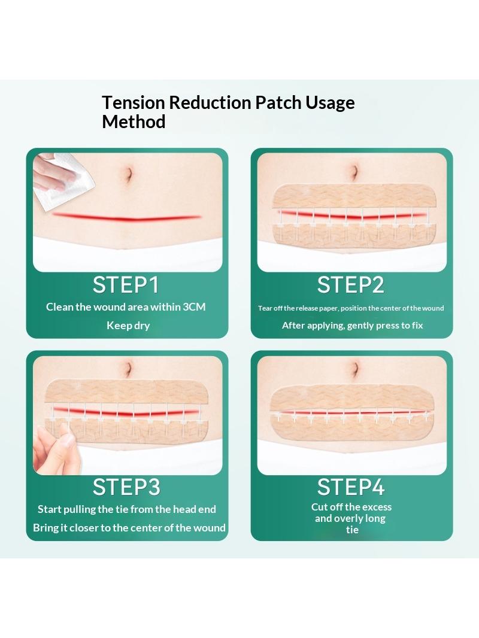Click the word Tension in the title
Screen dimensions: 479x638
(x=133, y=102)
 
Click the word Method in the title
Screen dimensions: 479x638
(x=134, y=121)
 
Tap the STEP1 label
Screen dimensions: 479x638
(x=126, y=284)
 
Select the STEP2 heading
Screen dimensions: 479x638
(x=350, y=284)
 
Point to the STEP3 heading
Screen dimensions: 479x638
(x=126, y=487)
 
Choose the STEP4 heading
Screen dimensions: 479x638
(x=351, y=487)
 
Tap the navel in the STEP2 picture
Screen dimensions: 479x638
(x=354, y=172)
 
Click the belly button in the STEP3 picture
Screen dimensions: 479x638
(x=129, y=369)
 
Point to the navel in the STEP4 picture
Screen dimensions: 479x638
(x=354, y=369)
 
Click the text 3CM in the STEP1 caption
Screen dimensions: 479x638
(x=194, y=307)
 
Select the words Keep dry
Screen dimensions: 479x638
(x=128, y=326)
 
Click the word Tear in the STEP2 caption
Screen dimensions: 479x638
(x=265, y=308)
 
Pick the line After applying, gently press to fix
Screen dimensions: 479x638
(x=353, y=326)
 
